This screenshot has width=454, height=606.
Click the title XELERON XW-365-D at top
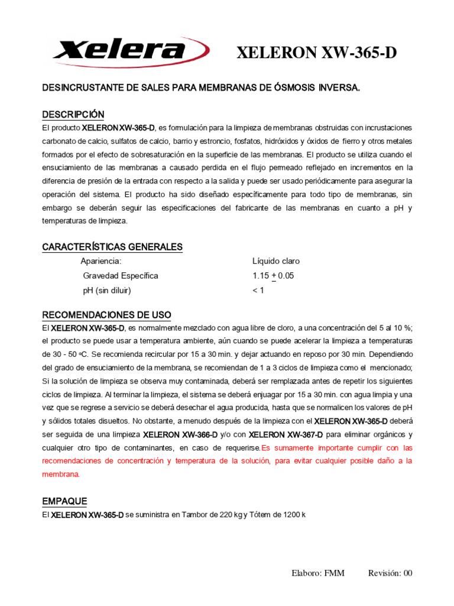[x=316, y=53]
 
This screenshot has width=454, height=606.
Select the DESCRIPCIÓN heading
[x=73, y=114]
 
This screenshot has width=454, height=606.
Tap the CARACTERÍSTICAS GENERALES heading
[x=112, y=247]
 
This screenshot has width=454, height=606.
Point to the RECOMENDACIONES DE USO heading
[x=106, y=314]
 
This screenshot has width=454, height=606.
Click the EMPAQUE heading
[x=64, y=501]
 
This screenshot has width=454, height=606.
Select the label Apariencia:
[x=100, y=261]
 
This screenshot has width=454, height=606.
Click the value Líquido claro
[x=275, y=261]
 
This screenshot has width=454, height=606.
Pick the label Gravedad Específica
[x=121, y=276]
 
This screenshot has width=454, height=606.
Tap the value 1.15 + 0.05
[x=273, y=276]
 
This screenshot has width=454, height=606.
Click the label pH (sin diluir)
[x=107, y=291]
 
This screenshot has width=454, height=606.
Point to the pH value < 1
[x=258, y=291]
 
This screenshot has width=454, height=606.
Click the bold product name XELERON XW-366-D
[x=180, y=434]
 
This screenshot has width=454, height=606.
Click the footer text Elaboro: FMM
[x=317, y=573]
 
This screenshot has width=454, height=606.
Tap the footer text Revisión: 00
[x=390, y=573]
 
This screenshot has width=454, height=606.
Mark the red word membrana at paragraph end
[x=60, y=475]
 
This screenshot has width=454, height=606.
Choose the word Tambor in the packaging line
[x=195, y=515]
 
